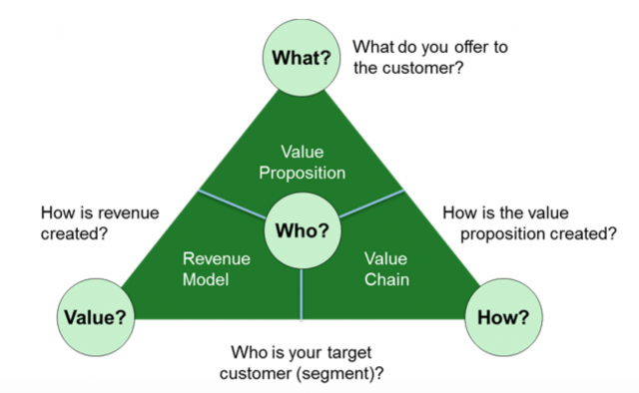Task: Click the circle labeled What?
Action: coord(302,57)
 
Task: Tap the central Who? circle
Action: coord(302,229)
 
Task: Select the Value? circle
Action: coord(95,317)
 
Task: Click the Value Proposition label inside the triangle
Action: coord(302,161)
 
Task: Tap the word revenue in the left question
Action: coord(129,212)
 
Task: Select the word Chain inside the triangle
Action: coord(382,280)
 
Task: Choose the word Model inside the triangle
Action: coord(207,280)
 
